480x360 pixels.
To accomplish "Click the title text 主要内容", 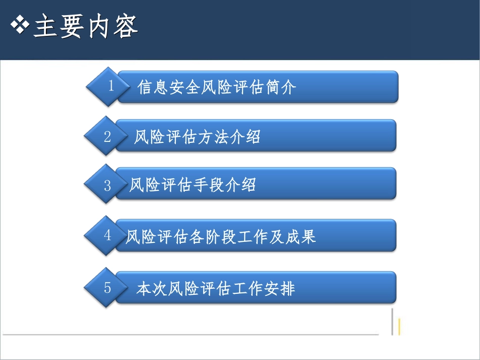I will pyautogui.click(x=85, y=27).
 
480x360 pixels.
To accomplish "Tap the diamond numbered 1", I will pyautogui.click(x=107, y=86).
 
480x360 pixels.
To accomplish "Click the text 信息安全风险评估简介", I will pyautogui.click(x=217, y=87).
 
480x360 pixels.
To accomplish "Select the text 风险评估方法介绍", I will pyautogui.click(x=197, y=137).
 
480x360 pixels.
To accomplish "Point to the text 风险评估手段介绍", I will pyautogui.click(x=193, y=185).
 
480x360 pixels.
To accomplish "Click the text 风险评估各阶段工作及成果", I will pyautogui.click(x=221, y=236).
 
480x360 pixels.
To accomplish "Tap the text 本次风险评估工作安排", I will pyautogui.click(x=216, y=289).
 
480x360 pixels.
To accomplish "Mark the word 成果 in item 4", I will pyautogui.click(x=301, y=236).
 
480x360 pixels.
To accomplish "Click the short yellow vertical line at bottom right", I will pyautogui.click(x=399, y=327).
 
